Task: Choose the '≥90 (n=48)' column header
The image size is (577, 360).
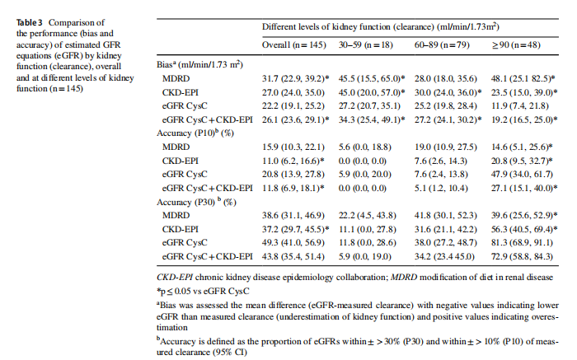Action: point(515,46)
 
